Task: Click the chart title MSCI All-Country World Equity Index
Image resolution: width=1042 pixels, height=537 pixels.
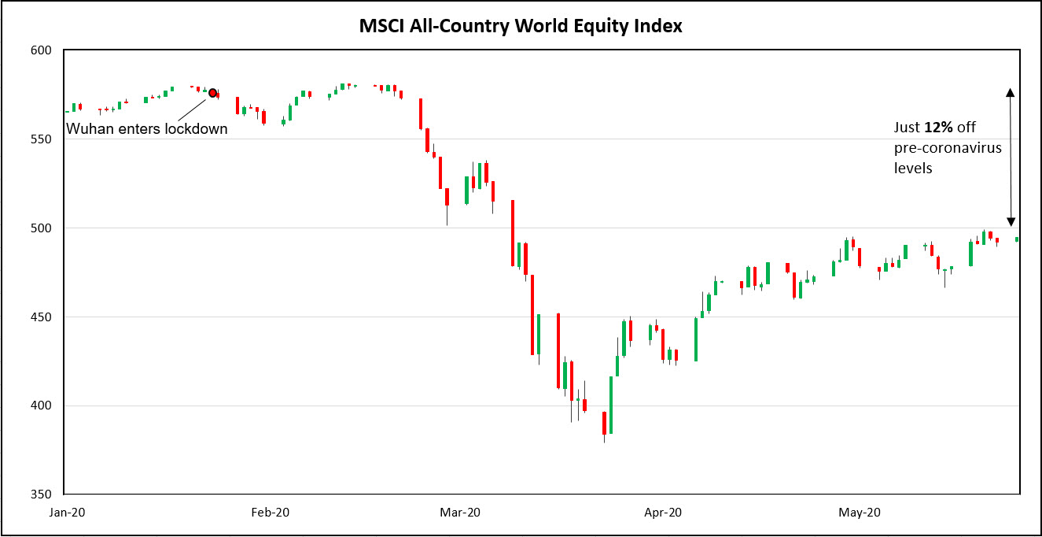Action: (x=521, y=26)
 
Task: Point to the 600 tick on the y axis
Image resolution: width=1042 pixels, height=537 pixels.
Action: (x=40, y=50)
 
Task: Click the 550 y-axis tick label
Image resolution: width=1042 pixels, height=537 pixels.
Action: (x=40, y=139)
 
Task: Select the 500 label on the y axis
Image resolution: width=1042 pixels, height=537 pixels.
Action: (x=40, y=228)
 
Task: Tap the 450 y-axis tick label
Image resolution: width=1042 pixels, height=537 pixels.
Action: (x=40, y=317)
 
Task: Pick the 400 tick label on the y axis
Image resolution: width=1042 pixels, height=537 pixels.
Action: (x=40, y=406)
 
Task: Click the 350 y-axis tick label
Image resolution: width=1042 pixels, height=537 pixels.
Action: (x=40, y=495)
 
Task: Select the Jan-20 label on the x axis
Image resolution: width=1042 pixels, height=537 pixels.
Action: (x=68, y=513)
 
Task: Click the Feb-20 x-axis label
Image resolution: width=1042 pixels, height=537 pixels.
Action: (x=270, y=513)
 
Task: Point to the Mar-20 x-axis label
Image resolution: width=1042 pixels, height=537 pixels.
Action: (x=460, y=513)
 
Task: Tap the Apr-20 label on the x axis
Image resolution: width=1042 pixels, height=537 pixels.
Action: (x=663, y=513)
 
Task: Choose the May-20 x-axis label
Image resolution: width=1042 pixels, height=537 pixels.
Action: (x=859, y=513)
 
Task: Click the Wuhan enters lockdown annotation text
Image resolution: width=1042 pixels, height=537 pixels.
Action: (x=146, y=129)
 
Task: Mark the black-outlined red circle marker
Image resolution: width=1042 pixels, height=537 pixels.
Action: (x=212, y=93)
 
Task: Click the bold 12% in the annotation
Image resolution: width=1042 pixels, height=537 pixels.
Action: (x=937, y=128)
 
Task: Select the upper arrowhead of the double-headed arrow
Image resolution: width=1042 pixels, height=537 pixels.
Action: (x=1011, y=92)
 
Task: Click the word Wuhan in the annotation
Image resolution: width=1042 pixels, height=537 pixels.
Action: (x=87, y=129)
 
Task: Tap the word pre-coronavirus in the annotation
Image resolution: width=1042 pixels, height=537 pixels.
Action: (x=948, y=148)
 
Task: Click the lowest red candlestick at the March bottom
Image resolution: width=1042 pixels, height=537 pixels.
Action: (x=604, y=423)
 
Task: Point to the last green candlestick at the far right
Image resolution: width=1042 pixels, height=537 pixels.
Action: (x=1017, y=239)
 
